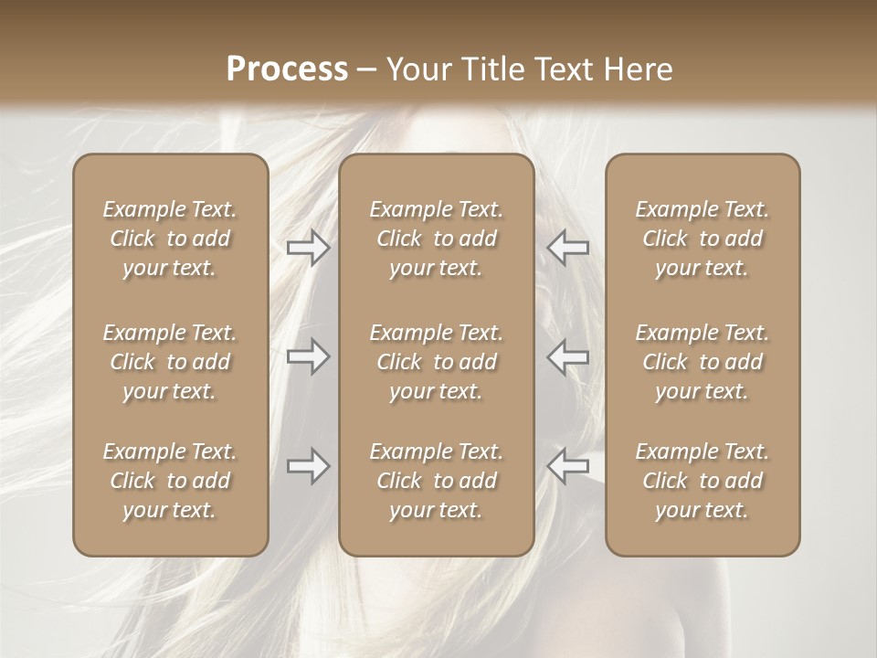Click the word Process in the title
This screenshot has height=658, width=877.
[287, 69]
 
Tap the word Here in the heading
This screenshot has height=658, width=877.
[639, 69]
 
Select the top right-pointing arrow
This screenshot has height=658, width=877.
[308, 248]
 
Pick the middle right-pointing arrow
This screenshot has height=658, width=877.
[308, 356]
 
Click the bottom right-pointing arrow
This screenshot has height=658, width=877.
[308, 466]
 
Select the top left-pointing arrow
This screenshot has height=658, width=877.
[567, 248]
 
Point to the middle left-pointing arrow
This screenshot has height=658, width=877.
[567, 356]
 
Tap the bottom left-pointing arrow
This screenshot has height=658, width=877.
[567, 466]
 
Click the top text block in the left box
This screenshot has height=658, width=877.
[170, 239]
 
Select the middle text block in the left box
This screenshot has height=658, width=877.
[170, 362]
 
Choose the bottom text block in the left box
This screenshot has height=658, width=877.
[170, 481]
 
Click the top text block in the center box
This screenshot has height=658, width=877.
[436, 239]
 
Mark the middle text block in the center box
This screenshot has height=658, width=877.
[436, 362]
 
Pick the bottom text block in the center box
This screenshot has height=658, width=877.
[436, 481]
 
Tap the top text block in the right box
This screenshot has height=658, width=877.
[702, 239]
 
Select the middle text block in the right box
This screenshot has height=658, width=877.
[702, 362]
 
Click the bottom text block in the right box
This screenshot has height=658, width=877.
[702, 481]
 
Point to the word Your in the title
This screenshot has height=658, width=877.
[418, 69]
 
